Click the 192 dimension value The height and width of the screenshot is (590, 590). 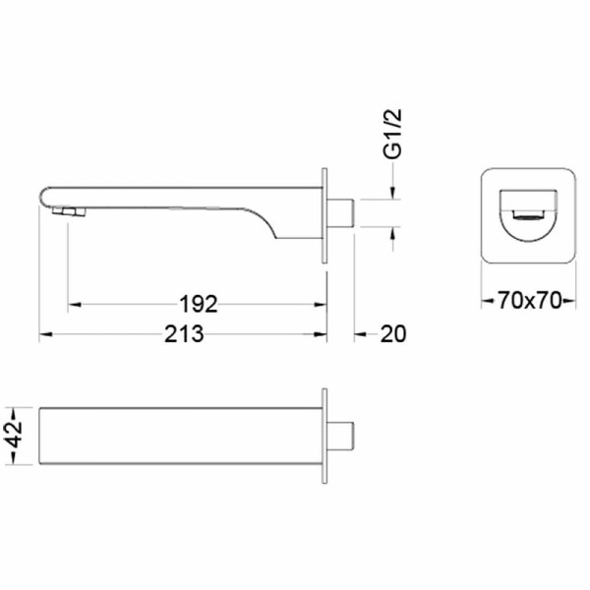click(x=199, y=304)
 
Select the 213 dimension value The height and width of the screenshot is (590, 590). click(x=184, y=333)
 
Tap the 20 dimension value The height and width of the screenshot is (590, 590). click(x=393, y=334)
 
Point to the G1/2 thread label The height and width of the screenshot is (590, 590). click(x=392, y=134)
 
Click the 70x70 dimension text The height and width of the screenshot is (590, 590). click(x=529, y=300)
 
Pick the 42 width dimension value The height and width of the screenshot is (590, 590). click(x=15, y=436)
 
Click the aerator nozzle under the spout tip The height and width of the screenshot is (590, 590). click(x=69, y=211)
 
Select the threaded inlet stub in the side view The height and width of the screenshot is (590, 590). click(x=340, y=213)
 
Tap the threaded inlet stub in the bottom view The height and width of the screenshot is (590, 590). click(x=340, y=436)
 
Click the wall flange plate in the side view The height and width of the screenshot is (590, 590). click(x=324, y=215)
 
